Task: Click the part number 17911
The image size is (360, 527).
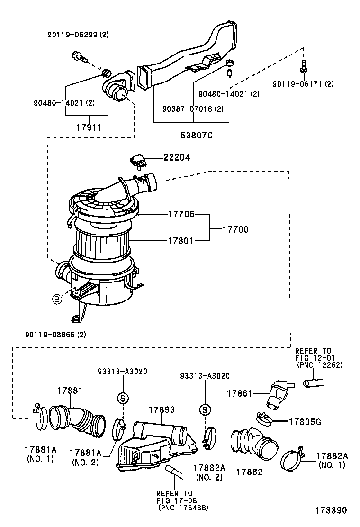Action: click(x=90, y=127)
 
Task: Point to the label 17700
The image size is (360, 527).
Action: click(x=235, y=229)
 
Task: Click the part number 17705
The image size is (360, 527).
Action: click(x=181, y=214)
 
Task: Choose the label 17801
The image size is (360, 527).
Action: click(x=180, y=241)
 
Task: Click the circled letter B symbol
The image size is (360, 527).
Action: click(x=56, y=299)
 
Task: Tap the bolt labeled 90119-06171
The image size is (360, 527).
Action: click(x=303, y=68)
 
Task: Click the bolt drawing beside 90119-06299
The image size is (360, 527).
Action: click(x=79, y=57)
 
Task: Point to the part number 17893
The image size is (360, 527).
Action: click(x=162, y=409)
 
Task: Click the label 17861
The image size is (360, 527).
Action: click(x=239, y=393)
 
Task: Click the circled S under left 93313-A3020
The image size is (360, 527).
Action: click(x=122, y=398)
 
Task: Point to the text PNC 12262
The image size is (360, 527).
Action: click(x=319, y=365)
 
